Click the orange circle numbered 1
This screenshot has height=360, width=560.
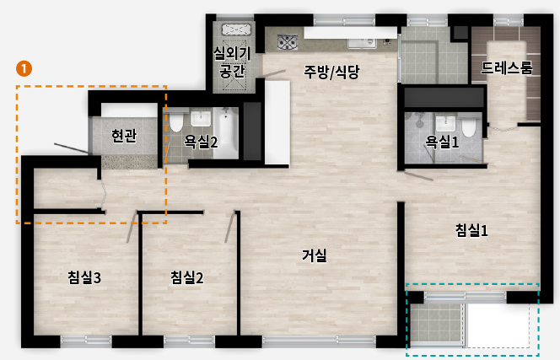(24, 68)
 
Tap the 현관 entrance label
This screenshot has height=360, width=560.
(124, 136)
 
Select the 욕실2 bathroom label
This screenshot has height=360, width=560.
(201, 142)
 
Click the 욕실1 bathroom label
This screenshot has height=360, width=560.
(442, 142)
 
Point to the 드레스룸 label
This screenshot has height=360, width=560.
(506, 67)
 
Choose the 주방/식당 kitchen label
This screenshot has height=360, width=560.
(331, 72)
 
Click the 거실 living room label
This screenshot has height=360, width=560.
(315, 255)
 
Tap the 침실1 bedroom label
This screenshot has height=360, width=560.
(471, 230)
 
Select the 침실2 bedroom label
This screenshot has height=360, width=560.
(186, 277)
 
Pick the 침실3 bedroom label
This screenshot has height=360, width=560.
(84, 277)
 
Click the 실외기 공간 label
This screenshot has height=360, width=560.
(232, 62)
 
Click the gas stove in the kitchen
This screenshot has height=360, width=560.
(288, 42)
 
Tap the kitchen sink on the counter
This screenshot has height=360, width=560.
(362, 43)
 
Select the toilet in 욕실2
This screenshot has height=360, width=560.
(176, 121)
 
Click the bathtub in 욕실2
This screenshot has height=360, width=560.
(225, 133)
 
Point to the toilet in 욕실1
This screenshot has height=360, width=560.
(469, 125)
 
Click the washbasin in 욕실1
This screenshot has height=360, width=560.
(445, 122)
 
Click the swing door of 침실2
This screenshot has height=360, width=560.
(229, 227)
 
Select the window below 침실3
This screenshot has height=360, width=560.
(86, 341)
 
